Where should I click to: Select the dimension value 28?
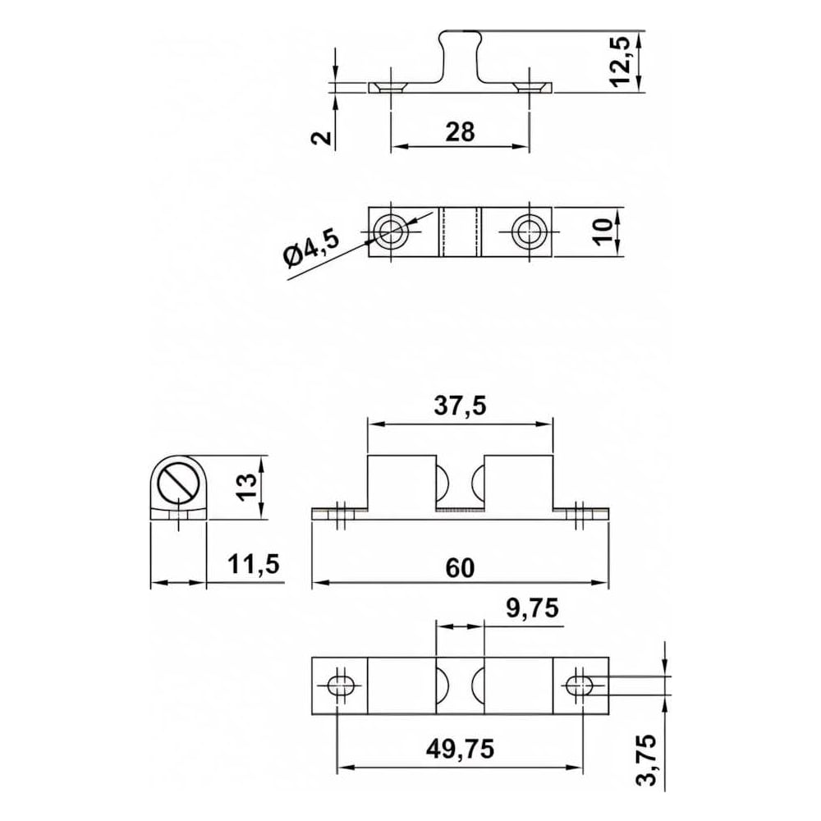(x=460, y=132)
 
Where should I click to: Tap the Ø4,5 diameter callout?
(x=311, y=248)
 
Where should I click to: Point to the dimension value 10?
(x=603, y=232)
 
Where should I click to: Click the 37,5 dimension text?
(x=461, y=406)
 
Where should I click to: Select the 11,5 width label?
(x=254, y=565)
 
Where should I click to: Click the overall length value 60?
(x=461, y=568)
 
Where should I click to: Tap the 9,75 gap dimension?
(x=533, y=608)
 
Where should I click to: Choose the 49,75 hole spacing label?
(x=461, y=750)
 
